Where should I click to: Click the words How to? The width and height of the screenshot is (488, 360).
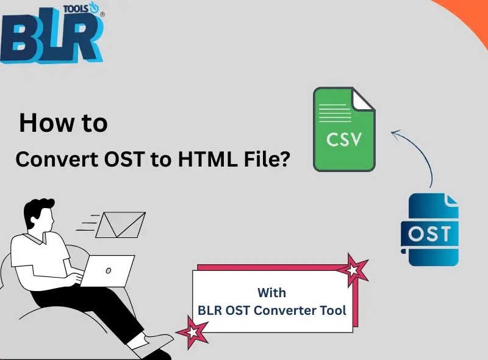63,123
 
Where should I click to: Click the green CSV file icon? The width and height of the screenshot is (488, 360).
343,129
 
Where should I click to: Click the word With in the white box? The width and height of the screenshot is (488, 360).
271,292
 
